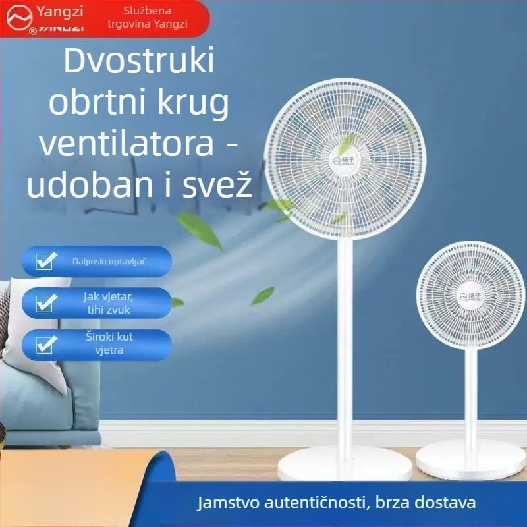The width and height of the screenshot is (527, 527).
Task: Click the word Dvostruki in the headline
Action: (140, 63)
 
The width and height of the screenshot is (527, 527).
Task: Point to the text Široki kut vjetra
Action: (109, 343)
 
